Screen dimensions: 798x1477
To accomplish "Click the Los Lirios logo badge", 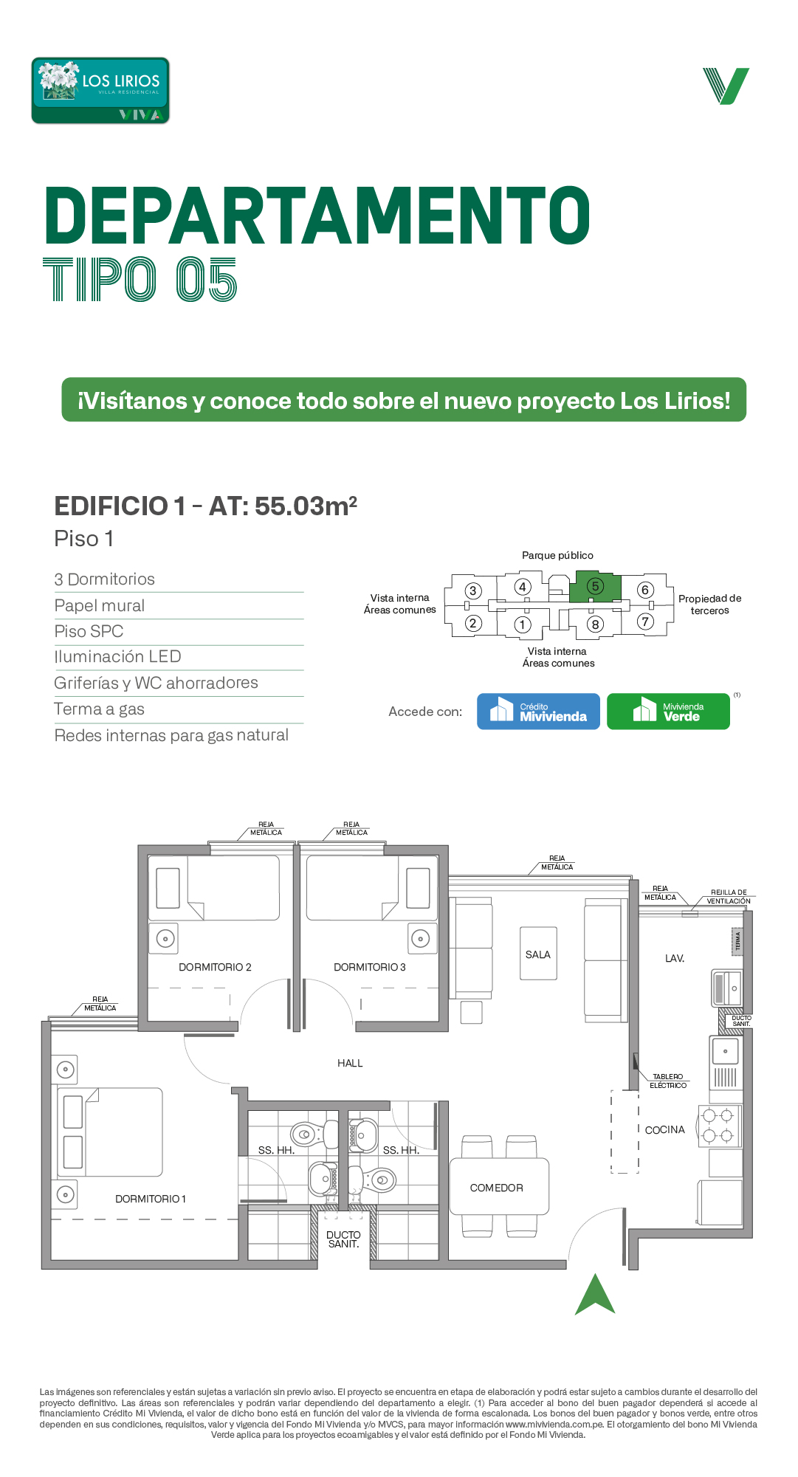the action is pyautogui.click(x=100, y=91).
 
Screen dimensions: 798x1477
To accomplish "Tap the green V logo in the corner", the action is pyautogui.click(x=726, y=86).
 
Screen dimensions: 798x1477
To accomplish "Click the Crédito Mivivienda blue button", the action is pyautogui.click(x=538, y=712).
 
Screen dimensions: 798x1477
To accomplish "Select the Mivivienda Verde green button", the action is pyautogui.click(x=668, y=712).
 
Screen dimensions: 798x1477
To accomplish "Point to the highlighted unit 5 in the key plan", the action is pyautogui.click(x=596, y=587).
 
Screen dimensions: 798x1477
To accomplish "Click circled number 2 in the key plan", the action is pyautogui.click(x=473, y=623).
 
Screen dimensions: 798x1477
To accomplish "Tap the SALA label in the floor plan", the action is pyautogui.click(x=538, y=954).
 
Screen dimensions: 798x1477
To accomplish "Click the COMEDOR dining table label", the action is pyautogui.click(x=497, y=1188).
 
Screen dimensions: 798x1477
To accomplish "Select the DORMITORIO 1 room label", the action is pyautogui.click(x=151, y=1199).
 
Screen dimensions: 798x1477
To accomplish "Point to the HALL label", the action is pyautogui.click(x=350, y=1064).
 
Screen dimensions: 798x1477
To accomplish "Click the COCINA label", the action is pyautogui.click(x=665, y=1130).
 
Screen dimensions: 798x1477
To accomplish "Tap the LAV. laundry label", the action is pyautogui.click(x=675, y=959).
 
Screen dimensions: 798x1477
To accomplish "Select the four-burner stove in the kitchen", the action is pyautogui.click(x=720, y=1126).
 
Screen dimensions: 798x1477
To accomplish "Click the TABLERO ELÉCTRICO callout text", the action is pyautogui.click(x=668, y=1081).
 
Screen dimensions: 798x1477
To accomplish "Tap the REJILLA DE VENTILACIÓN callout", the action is pyautogui.click(x=729, y=897).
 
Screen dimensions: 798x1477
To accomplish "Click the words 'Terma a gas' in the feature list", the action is pyautogui.click(x=100, y=709).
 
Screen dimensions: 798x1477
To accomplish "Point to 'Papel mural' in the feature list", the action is pyautogui.click(x=100, y=606).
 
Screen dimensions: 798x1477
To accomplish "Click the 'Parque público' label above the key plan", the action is pyautogui.click(x=557, y=555).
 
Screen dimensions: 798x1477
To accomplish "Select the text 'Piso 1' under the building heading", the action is pyautogui.click(x=84, y=539).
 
